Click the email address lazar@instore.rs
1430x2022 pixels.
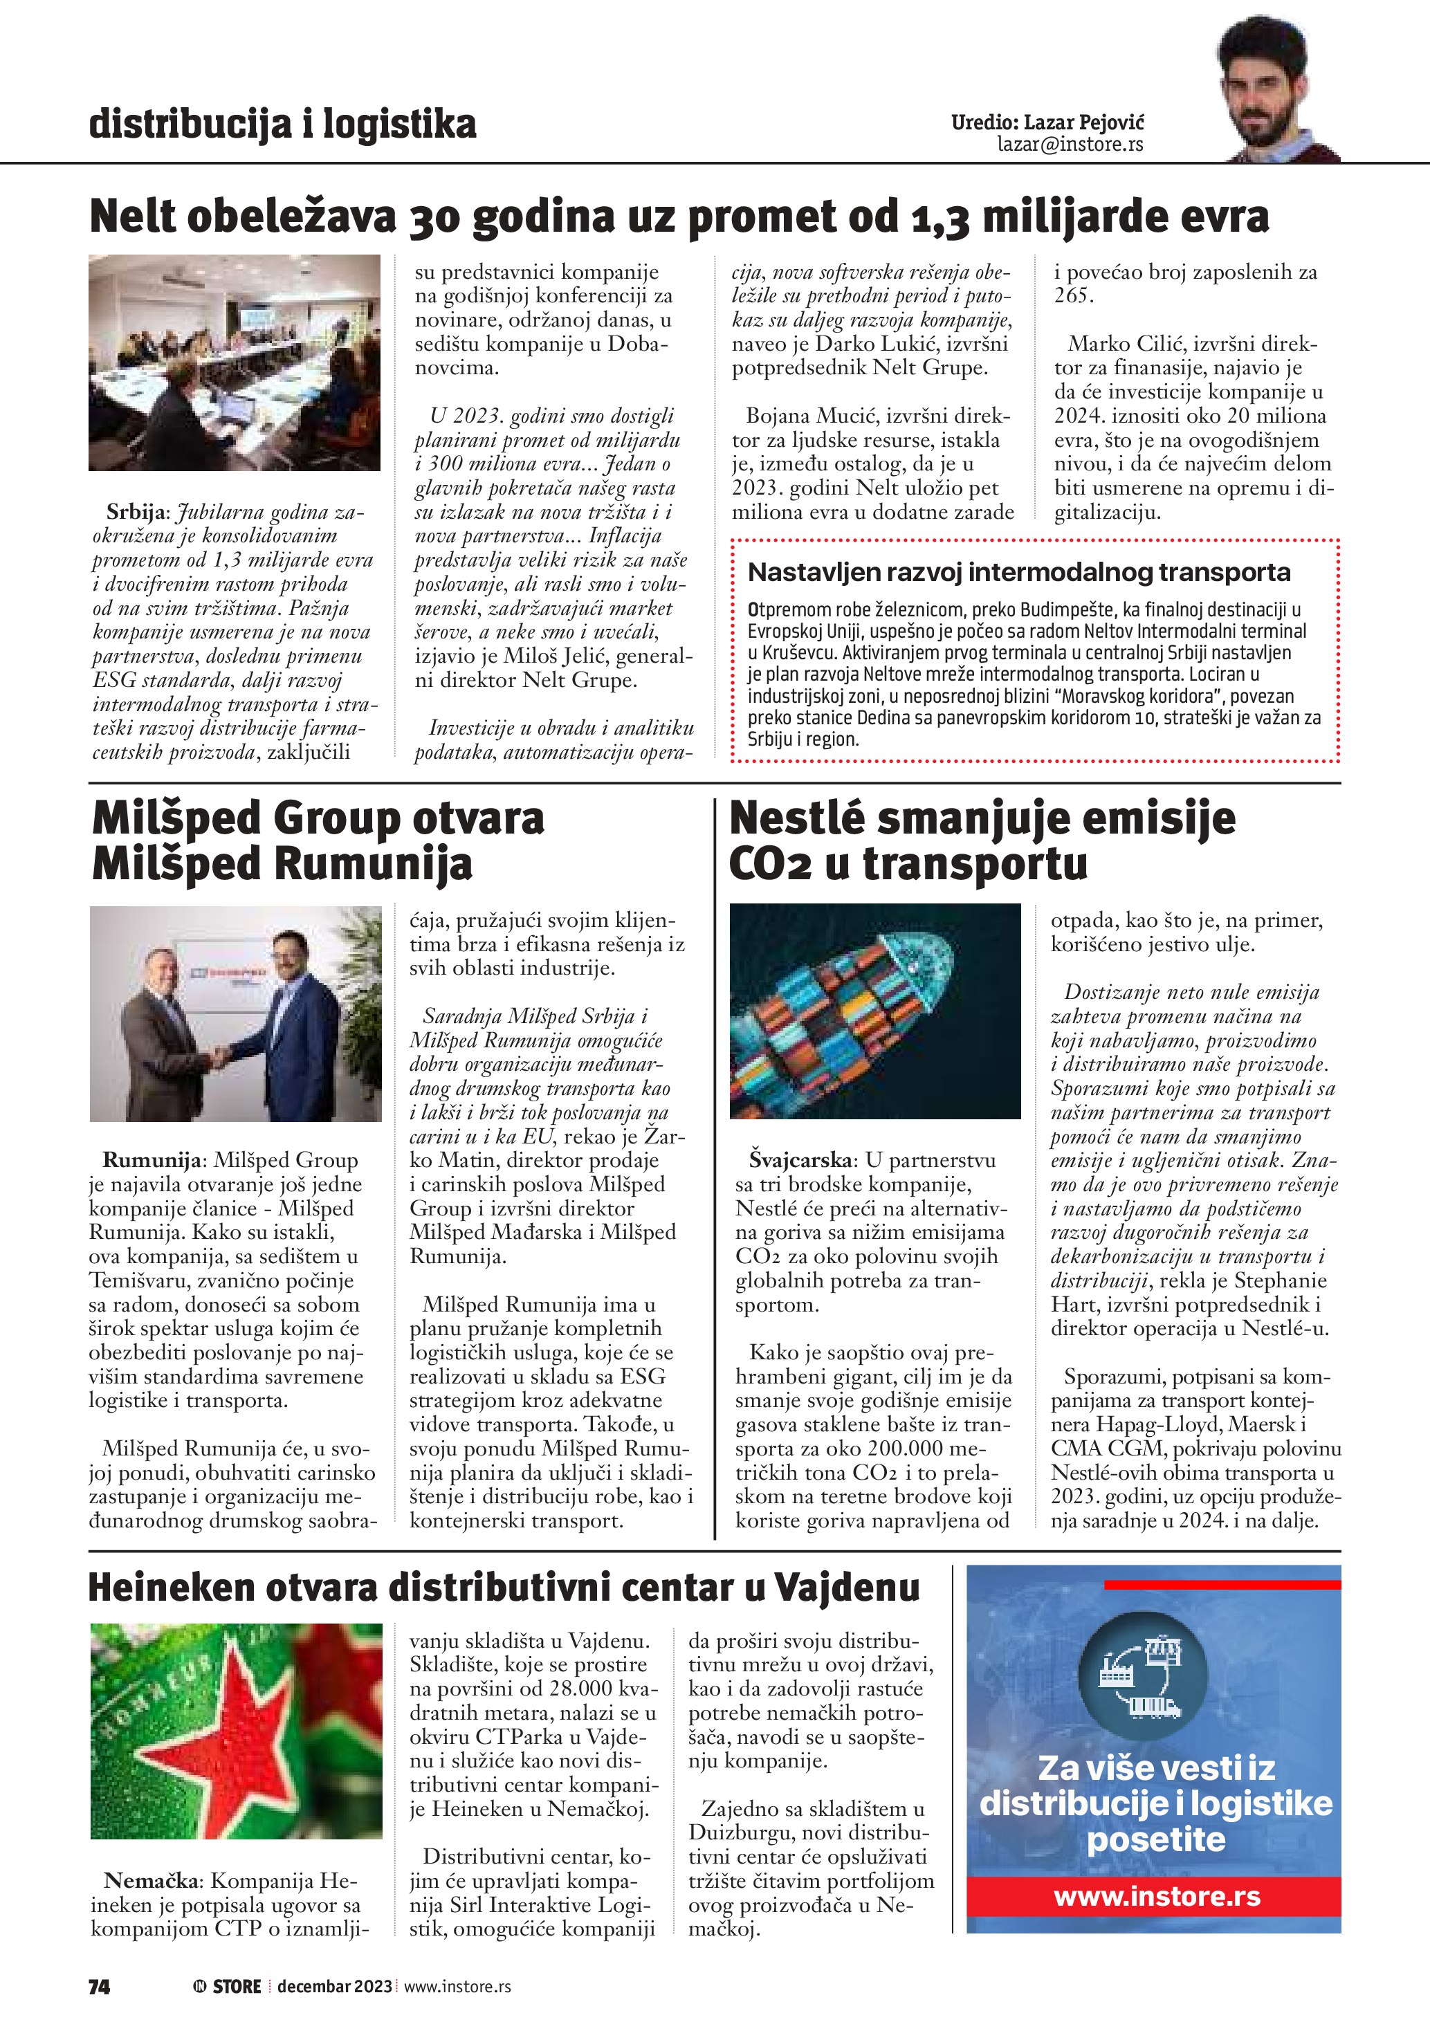(1070, 145)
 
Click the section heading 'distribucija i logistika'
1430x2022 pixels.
(283, 125)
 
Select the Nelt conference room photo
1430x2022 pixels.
(235, 362)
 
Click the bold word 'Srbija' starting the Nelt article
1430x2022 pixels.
(136, 512)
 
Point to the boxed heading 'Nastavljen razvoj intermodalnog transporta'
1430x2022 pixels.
(1019, 573)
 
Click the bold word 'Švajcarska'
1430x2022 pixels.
(800, 1160)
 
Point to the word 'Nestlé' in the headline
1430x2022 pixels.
(797, 818)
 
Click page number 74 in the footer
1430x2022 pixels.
(100, 1986)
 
